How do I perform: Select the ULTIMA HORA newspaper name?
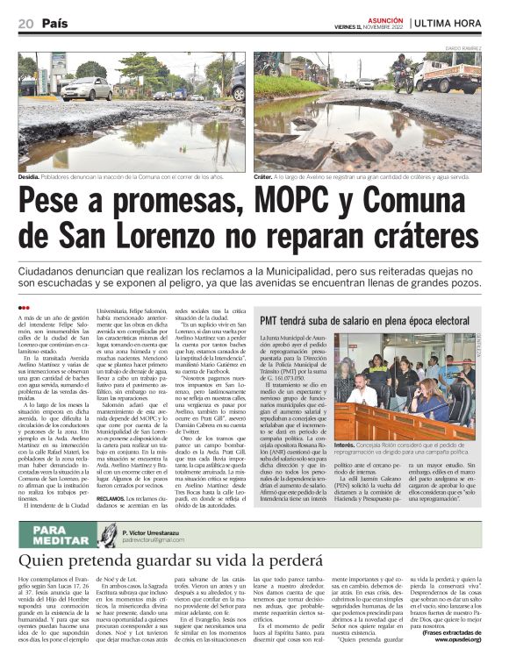point(451,22)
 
